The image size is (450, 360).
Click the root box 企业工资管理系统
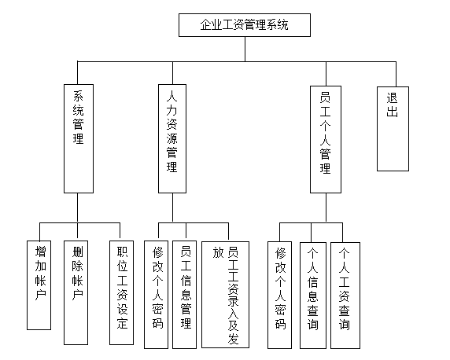click(x=245, y=25)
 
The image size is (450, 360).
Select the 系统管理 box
click(x=79, y=138)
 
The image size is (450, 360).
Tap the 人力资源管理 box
click(x=172, y=138)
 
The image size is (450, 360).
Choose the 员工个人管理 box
click(x=326, y=139)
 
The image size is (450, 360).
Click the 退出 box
click(x=393, y=129)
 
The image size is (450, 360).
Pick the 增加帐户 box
click(x=39, y=285)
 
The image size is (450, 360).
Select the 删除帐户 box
click(x=76, y=292)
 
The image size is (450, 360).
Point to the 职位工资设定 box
click(x=121, y=292)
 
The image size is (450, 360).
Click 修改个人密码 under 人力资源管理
click(x=156, y=295)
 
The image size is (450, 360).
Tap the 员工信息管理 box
click(x=185, y=295)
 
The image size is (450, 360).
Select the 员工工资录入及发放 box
click(x=225, y=295)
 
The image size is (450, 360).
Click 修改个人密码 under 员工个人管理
click(x=280, y=295)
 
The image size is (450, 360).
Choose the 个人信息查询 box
click(x=313, y=296)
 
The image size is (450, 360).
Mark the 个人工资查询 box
click(x=345, y=296)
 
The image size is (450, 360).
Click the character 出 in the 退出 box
click(x=392, y=111)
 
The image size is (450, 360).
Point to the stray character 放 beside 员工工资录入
click(x=218, y=252)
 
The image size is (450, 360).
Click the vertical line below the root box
click(x=245, y=49)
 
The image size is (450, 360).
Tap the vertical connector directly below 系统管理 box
click(x=77, y=208)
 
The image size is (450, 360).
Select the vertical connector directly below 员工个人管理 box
click(x=326, y=208)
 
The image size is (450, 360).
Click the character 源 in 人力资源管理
click(x=172, y=139)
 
